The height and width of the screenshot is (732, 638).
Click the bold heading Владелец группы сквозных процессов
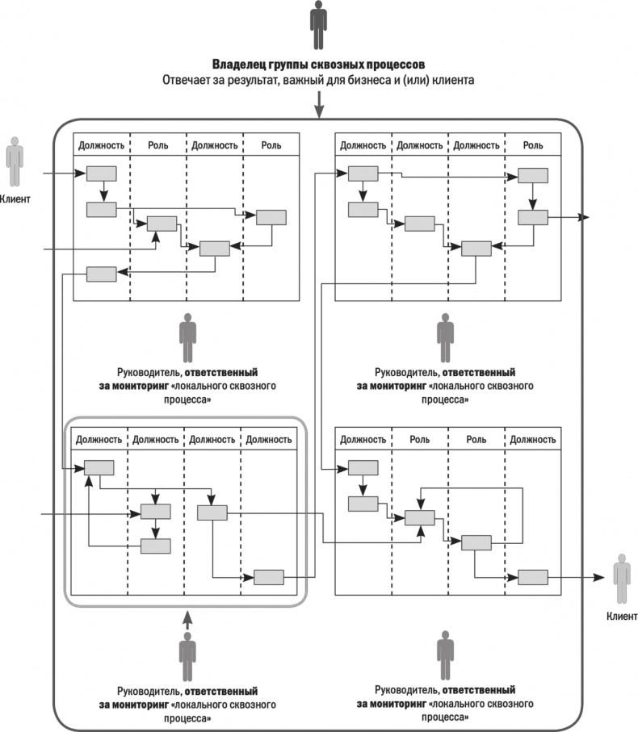tap(319, 64)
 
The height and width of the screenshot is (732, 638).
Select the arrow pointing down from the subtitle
tap(320, 103)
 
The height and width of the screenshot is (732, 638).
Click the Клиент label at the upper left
tap(16, 199)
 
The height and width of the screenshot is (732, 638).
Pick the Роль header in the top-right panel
tap(533, 145)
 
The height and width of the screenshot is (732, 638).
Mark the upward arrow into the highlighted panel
tap(187, 619)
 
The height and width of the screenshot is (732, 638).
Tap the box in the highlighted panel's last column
tap(269, 577)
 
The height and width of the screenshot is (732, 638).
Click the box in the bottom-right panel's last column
tap(533, 577)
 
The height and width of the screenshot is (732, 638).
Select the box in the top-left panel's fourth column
tap(271, 216)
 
